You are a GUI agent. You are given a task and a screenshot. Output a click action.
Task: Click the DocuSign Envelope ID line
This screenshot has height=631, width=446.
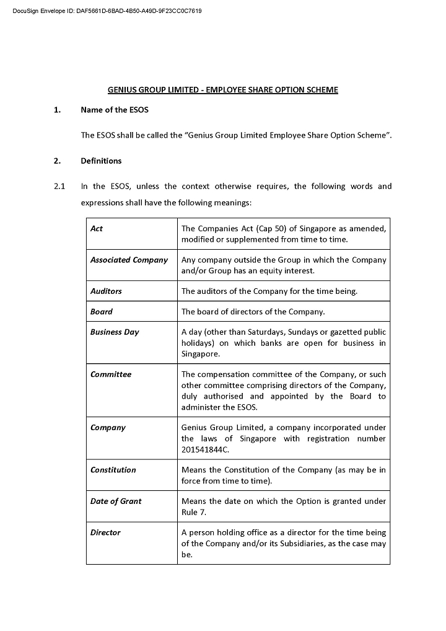pyautogui.click(x=107, y=11)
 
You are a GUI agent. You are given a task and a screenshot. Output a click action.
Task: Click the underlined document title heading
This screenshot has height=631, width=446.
pyautogui.click(x=223, y=90)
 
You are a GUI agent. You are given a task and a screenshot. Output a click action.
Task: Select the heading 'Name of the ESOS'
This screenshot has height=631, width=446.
pyautogui.click(x=114, y=110)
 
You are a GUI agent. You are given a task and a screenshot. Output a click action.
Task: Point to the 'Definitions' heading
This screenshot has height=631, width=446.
pyautogui.click(x=101, y=161)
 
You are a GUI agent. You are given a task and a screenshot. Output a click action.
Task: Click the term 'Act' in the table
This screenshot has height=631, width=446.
pyautogui.click(x=97, y=229)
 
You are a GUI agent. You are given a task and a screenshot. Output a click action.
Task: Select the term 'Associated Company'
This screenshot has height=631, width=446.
pyautogui.click(x=129, y=260)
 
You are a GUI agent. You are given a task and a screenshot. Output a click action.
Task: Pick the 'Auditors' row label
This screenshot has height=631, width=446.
pyautogui.click(x=106, y=291)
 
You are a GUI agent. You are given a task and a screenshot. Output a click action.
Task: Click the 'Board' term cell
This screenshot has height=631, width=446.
pyautogui.click(x=102, y=312)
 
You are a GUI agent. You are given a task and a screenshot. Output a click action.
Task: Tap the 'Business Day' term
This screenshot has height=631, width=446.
pyautogui.click(x=115, y=332)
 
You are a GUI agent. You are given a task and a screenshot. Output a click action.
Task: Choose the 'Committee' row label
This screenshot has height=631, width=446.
pyautogui.click(x=111, y=374)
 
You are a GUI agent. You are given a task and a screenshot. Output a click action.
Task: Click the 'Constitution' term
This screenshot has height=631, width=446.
pyautogui.click(x=113, y=470)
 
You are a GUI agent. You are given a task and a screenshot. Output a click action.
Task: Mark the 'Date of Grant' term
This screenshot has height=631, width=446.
pyautogui.click(x=116, y=501)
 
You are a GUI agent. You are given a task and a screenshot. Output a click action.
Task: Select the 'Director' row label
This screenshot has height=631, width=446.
pyautogui.click(x=105, y=532)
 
